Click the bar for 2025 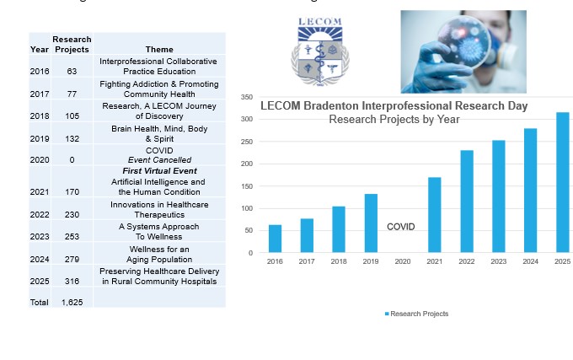click(x=562, y=182)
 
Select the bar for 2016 click(x=275, y=239)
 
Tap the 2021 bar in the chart click(x=435, y=214)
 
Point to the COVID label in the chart click(x=400, y=227)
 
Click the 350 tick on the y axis click(x=246, y=97)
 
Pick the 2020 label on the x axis click(x=403, y=262)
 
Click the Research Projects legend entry click(x=416, y=314)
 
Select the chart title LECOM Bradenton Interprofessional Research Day click(x=394, y=106)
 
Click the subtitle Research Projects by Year click(x=394, y=120)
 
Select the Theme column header click(x=159, y=50)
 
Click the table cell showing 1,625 click(x=72, y=302)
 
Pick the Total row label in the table click(x=39, y=302)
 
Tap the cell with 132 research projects click(x=72, y=138)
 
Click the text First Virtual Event click(x=159, y=171)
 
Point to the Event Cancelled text click(x=159, y=160)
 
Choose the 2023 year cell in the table click(x=39, y=237)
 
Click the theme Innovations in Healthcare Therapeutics click(x=159, y=209)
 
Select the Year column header click(x=39, y=50)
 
